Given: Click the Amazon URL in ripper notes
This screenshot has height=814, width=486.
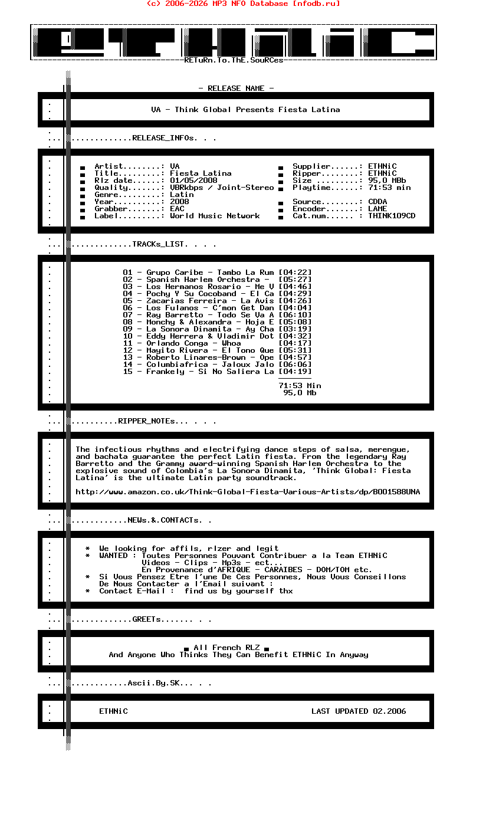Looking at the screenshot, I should (x=248, y=492).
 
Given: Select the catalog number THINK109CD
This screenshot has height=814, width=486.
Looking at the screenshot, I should (x=392, y=216).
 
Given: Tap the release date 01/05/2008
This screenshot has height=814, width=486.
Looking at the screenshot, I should (x=193, y=180).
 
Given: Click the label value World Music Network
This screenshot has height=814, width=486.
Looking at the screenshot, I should (x=215, y=216).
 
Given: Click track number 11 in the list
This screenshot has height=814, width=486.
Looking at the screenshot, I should (x=128, y=343).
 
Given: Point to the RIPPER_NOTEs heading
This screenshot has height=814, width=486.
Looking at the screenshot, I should (x=147, y=421).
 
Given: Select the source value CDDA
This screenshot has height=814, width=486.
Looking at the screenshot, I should (x=377, y=202).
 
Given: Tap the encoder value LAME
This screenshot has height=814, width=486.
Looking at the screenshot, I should (x=377, y=209).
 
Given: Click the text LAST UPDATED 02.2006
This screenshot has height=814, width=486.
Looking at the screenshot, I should (x=359, y=711).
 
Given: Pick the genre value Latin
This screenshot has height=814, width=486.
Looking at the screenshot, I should (x=182, y=195).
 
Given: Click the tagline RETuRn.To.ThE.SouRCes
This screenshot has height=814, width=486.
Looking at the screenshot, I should (x=234, y=60).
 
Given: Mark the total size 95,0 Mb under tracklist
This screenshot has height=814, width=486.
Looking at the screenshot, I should (x=300, y=393).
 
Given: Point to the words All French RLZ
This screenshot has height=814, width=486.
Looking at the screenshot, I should (x=226, y=648).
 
